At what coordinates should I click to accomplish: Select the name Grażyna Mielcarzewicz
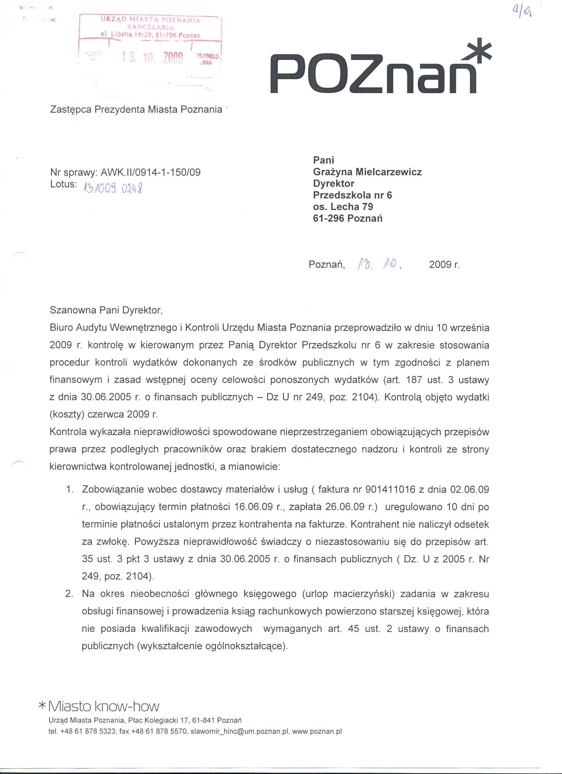pos(367,172)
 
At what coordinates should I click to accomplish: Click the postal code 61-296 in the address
pos(328,218)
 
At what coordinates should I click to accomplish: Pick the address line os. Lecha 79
pos(343,207)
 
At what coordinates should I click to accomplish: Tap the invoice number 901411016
pos(390,490)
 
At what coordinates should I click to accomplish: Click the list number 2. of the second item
pos(69,594)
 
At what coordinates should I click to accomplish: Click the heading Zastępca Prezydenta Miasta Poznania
pos(136,110)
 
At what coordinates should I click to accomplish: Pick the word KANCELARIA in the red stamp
pos(150,28)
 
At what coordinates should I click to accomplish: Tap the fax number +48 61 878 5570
pos(164,731)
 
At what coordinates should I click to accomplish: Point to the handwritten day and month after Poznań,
pos(377,264)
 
